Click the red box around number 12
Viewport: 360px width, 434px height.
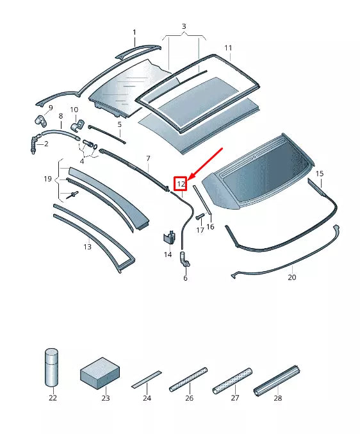(x=181, y=183)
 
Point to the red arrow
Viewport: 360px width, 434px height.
(x=205, y=163)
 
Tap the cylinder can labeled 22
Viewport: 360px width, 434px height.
(x=51, y=367)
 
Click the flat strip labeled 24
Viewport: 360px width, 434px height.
(x=147, y=380)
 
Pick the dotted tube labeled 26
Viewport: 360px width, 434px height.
(x=188, y=380)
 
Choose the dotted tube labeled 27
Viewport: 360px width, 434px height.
(x=233, y=381)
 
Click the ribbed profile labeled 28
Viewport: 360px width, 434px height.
(x=277, y=381)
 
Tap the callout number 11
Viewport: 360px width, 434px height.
(x=228, y=48)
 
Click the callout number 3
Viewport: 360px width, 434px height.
(x=184, y=26)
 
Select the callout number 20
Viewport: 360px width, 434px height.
(x=291, y=277)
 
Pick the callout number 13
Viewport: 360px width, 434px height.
(x=87, y=246)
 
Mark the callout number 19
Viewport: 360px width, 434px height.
(x=47, y=179)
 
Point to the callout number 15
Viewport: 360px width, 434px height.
(x=320, y=174)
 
